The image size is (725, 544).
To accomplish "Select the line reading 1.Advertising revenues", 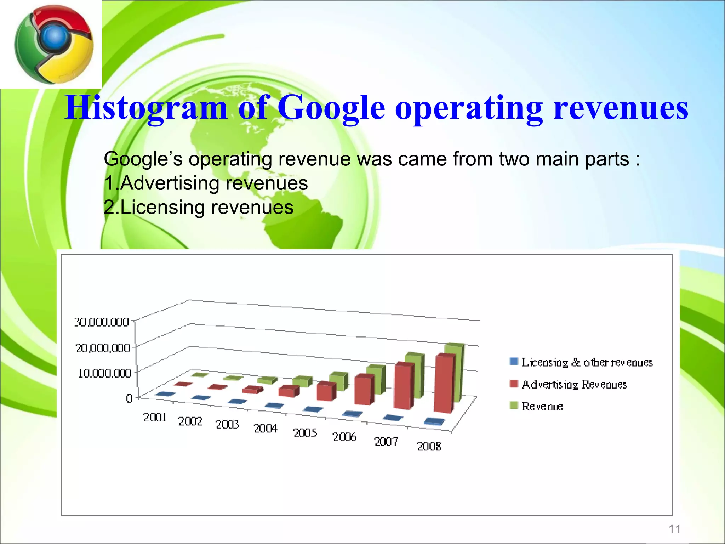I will click(206, 183).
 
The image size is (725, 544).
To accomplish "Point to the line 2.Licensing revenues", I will click(199, 208).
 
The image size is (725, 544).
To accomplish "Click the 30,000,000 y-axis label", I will click(102, 322).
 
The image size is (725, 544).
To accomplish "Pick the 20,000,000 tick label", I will click(103, 348).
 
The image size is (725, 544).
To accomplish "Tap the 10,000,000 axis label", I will click(105, 373).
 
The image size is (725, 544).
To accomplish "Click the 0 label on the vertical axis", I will click(129, 398).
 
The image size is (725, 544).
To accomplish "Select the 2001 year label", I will click(155, 418).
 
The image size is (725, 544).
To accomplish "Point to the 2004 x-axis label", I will click(266, 429).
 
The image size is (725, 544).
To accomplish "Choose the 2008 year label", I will click(429, 446).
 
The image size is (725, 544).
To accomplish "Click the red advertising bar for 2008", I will click(444, 384).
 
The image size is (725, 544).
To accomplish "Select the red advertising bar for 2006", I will click(364, 390).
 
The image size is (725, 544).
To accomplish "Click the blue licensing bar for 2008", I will click(434, 421).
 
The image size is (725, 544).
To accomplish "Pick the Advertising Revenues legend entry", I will click(574, 384).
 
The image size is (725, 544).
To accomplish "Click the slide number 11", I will click(674, 529).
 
